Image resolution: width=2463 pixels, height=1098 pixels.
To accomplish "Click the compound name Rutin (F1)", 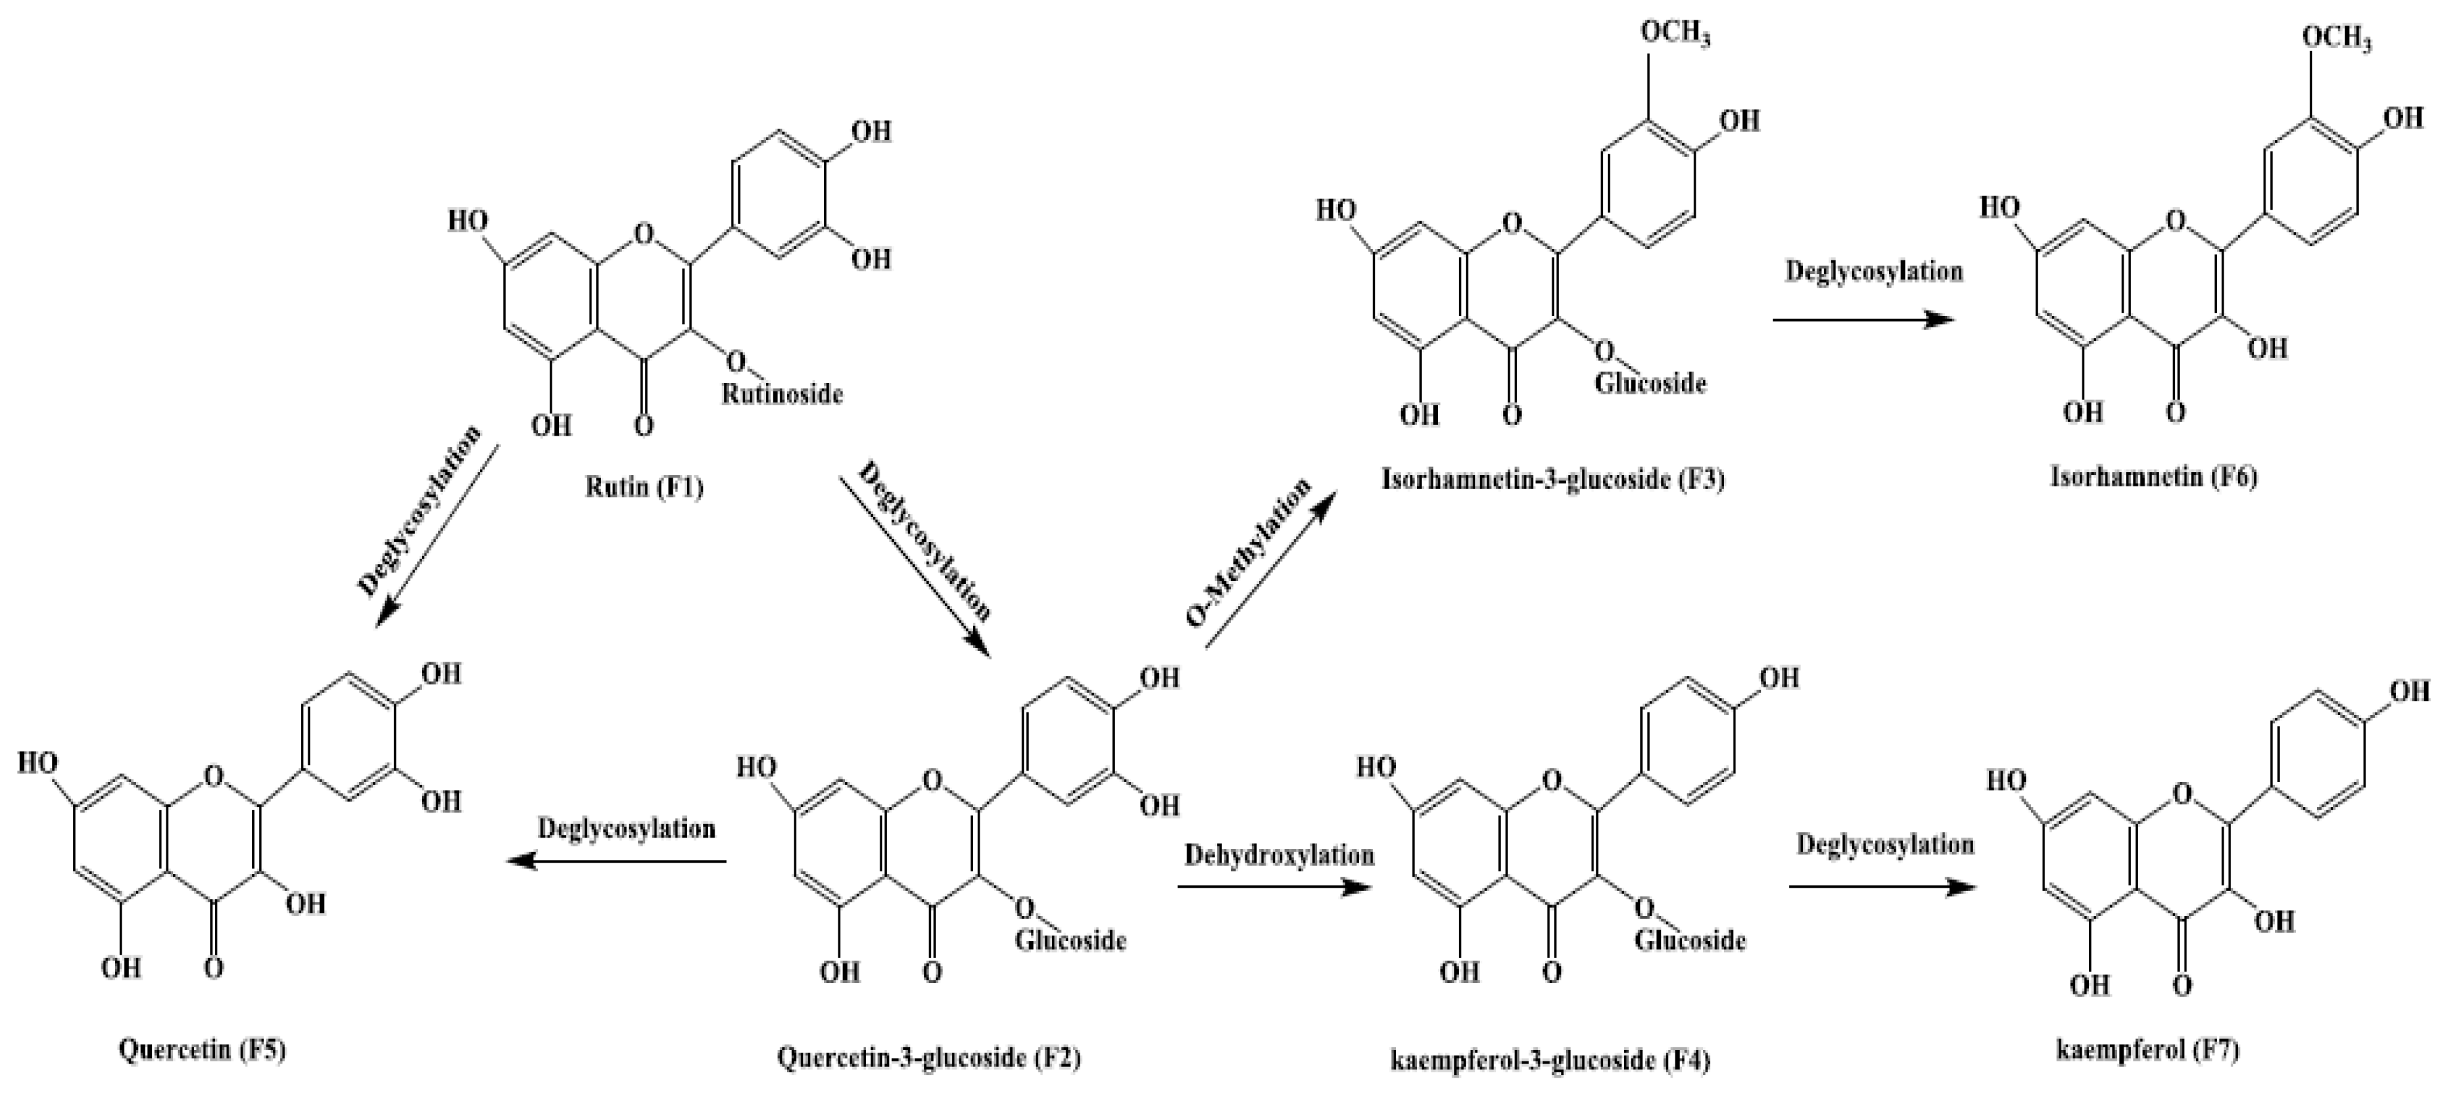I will pyautogui.click(x=644, y=488).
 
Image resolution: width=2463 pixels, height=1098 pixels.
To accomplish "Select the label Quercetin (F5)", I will pyautogui.click(x=201, y=1050).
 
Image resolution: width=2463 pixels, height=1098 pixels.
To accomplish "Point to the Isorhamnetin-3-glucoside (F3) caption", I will pyautogui.click(x=1553, y=478).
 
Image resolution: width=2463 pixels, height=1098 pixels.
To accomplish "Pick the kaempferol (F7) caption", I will pyautogui.click(x=2147, y=1050).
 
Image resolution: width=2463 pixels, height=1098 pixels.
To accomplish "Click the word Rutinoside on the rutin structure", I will pyautogui.click(x=782, y=393).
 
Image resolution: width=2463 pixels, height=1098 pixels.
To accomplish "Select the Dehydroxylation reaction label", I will pyautogui.click(x=1279, y=854).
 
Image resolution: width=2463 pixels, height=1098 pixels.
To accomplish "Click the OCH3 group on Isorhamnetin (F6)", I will pyautogui.click(x=2336, y=39).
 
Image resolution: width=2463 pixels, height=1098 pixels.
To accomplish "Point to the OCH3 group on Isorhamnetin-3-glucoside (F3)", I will pyautogui.click(x=1675, y=33).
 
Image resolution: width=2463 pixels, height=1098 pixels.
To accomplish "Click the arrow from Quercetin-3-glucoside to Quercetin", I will pyautogui.click(x=617, y=862).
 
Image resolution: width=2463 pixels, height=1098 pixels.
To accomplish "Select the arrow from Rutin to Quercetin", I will pyautogui.click(x=436, y=536).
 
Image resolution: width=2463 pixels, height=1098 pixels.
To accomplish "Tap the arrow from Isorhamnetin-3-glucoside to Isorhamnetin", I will pyautogui.click(x=1863, y=319).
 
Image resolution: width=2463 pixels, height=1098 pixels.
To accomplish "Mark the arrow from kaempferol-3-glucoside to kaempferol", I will pyautogui.click(x=1881, y=887).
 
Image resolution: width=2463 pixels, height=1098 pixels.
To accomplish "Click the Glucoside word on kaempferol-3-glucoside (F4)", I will pyautogui.click(x=1690, y=940).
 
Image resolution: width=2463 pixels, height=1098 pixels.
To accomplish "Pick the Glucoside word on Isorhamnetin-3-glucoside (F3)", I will pyautogui.click(x=1650, y=384).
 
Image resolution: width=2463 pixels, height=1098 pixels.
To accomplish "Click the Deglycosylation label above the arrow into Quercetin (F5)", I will pyautogui.click(x=626, y=828).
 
